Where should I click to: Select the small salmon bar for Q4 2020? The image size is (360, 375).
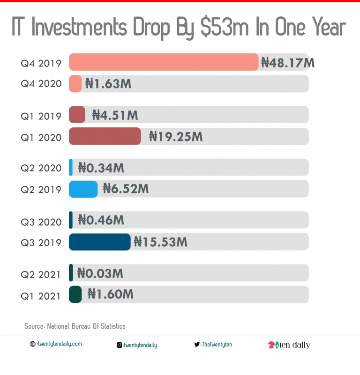point(75,84)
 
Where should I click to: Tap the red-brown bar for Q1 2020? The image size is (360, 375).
point(105,136)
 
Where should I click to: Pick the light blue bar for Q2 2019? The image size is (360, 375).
point(83,189)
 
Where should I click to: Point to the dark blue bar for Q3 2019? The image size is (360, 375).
point(99,242)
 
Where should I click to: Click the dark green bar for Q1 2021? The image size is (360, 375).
point(75,294)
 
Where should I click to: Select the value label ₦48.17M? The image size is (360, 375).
point(287,62)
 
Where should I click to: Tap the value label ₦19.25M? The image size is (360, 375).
point(176,136)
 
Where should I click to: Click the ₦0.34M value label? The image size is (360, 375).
point(101,168)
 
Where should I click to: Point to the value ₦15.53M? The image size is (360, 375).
point(160,242)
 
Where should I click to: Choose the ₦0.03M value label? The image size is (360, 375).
point(100,273)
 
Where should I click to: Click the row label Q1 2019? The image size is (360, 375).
point(41,116)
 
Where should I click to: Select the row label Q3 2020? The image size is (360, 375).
point(41,221)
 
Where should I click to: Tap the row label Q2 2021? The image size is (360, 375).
point(41,274)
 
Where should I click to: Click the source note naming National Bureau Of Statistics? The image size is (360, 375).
point(75,326)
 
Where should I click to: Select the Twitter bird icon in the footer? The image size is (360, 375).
point(197,345)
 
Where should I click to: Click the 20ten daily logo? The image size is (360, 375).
point(289,345)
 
